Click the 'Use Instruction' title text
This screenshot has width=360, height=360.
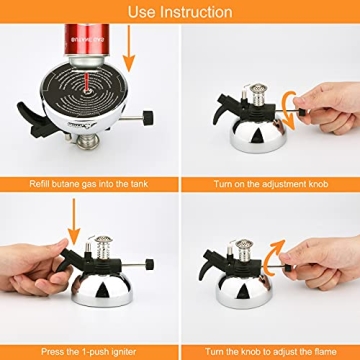[x=180, y=12]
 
